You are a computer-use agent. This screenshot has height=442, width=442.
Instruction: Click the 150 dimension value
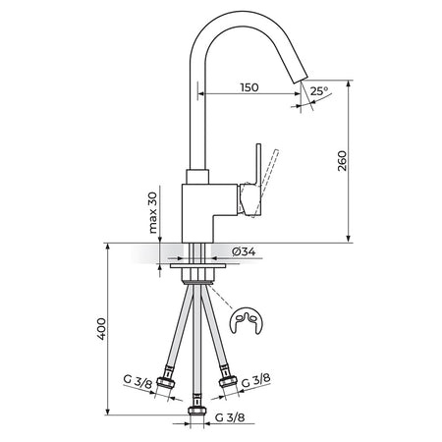249,87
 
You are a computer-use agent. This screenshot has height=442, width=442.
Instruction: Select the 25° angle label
319,90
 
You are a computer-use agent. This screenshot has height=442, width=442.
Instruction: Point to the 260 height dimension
342,161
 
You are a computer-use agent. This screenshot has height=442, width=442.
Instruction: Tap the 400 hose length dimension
102,329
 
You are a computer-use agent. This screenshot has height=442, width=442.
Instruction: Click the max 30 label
153,212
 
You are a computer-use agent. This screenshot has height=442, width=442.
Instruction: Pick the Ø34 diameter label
244,251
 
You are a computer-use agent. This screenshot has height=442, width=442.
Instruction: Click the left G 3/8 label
138,382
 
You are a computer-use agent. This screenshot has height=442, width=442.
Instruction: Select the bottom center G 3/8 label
230,417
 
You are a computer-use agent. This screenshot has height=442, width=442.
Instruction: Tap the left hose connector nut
165,382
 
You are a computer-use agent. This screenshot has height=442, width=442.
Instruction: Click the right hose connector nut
228,381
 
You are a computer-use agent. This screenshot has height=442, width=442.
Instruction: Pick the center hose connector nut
197,411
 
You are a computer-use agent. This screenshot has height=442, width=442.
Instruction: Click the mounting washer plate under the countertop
197,266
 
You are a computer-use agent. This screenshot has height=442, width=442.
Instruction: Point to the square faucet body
209,213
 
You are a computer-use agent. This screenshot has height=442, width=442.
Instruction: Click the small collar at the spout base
197,177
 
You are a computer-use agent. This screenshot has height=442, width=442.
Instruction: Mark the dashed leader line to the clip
220,297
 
